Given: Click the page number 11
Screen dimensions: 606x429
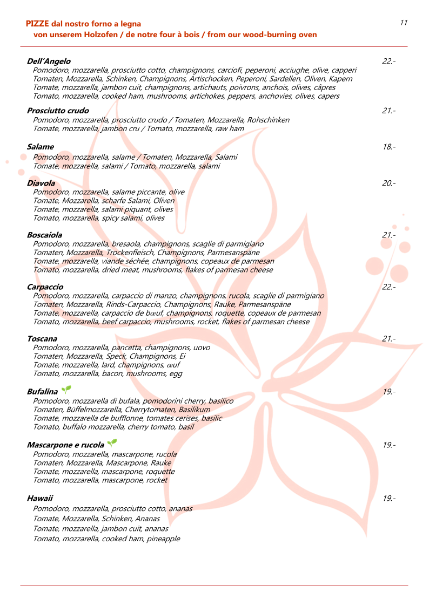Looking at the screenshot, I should (404, 22).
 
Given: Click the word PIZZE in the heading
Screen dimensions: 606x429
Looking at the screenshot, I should (37, 24).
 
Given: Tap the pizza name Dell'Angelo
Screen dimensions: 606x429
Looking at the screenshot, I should (49, 62).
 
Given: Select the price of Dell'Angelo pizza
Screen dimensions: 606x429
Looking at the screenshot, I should (388, 62).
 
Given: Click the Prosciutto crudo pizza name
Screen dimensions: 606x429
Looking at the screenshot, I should (58, 111).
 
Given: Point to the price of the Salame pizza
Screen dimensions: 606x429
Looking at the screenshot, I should (388, 147).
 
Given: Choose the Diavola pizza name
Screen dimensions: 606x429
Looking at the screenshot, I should (41, 183).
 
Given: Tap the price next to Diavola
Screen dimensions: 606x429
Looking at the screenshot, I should (388, 183).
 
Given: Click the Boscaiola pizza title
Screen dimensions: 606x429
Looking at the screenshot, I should (44, 235).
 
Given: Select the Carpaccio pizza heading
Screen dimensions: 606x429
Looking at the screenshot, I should (45, 287).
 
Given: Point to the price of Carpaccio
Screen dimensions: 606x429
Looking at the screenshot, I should (388, 287).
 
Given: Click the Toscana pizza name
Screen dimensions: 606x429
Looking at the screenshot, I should (42, 339).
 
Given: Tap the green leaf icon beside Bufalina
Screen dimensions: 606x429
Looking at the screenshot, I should (66, 390).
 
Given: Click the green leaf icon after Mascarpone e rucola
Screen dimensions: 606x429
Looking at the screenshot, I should (112, 444).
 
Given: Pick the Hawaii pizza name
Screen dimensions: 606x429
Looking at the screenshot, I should (40, 498).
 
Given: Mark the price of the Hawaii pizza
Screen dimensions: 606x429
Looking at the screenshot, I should (388, 498).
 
